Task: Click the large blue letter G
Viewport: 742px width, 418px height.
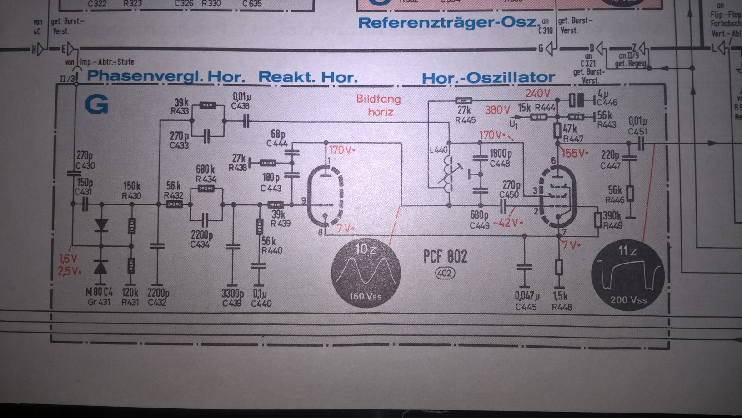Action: (96, 104)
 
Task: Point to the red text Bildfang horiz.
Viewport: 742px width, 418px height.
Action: (379, 105)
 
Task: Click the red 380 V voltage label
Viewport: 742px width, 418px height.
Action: (497, 109)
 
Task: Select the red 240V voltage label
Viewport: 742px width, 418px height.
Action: (537, 93)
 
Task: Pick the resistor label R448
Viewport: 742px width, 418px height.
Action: (561, 307)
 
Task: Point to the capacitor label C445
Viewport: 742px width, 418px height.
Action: (526, 307)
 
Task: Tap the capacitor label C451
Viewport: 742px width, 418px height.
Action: (637, 131)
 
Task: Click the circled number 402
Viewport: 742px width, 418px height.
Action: (445, 273)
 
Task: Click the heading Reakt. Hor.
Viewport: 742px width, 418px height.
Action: (308, 77)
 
